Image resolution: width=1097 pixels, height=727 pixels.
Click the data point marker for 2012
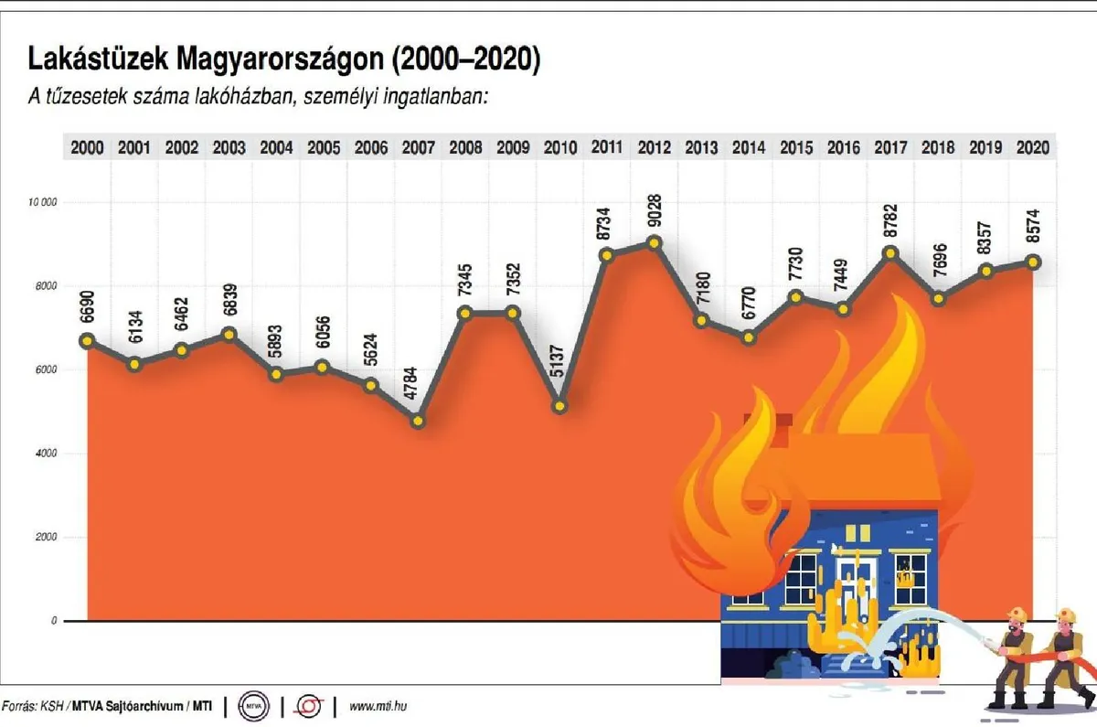pos(653,242)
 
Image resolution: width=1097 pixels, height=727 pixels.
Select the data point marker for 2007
pos(418,422)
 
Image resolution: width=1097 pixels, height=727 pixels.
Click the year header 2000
pos(87,147)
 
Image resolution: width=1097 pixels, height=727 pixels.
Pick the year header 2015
pos(795,147)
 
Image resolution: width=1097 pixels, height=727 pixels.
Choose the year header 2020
pos(1031,147)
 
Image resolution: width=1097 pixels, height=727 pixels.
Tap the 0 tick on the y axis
pos(54,621)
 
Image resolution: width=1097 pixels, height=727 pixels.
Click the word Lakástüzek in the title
pos(98,60)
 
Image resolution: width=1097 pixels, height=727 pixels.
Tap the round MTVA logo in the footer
pos(253,706)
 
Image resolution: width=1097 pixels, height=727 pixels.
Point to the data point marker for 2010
pos(559,406)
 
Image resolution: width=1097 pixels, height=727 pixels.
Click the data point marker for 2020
pos(1031,262)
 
